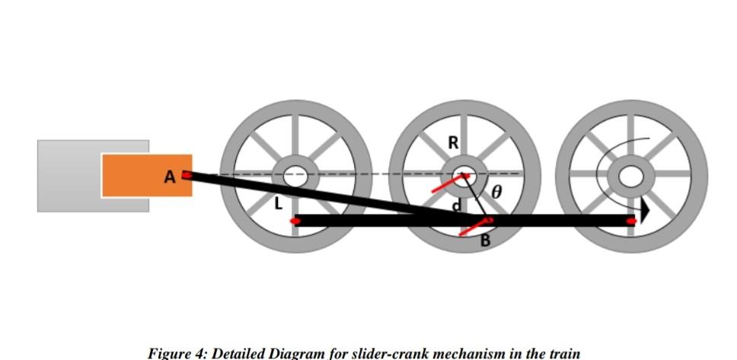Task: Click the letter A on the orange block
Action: pos(169,177)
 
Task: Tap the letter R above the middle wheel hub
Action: pos(453,142)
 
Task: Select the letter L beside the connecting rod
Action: pos(278,203)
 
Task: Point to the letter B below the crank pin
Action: pos(485,241)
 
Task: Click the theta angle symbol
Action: pos(496,192)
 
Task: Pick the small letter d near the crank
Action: pos(457,205)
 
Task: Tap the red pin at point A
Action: pos(187,175)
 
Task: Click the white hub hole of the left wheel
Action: pos(295,177)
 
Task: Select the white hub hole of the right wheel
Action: pos(630,177)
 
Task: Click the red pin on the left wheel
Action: pos(295,221)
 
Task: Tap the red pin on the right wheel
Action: pos(631,221)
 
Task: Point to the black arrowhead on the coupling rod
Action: pos(644,211)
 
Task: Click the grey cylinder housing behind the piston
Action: pos(69,175)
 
